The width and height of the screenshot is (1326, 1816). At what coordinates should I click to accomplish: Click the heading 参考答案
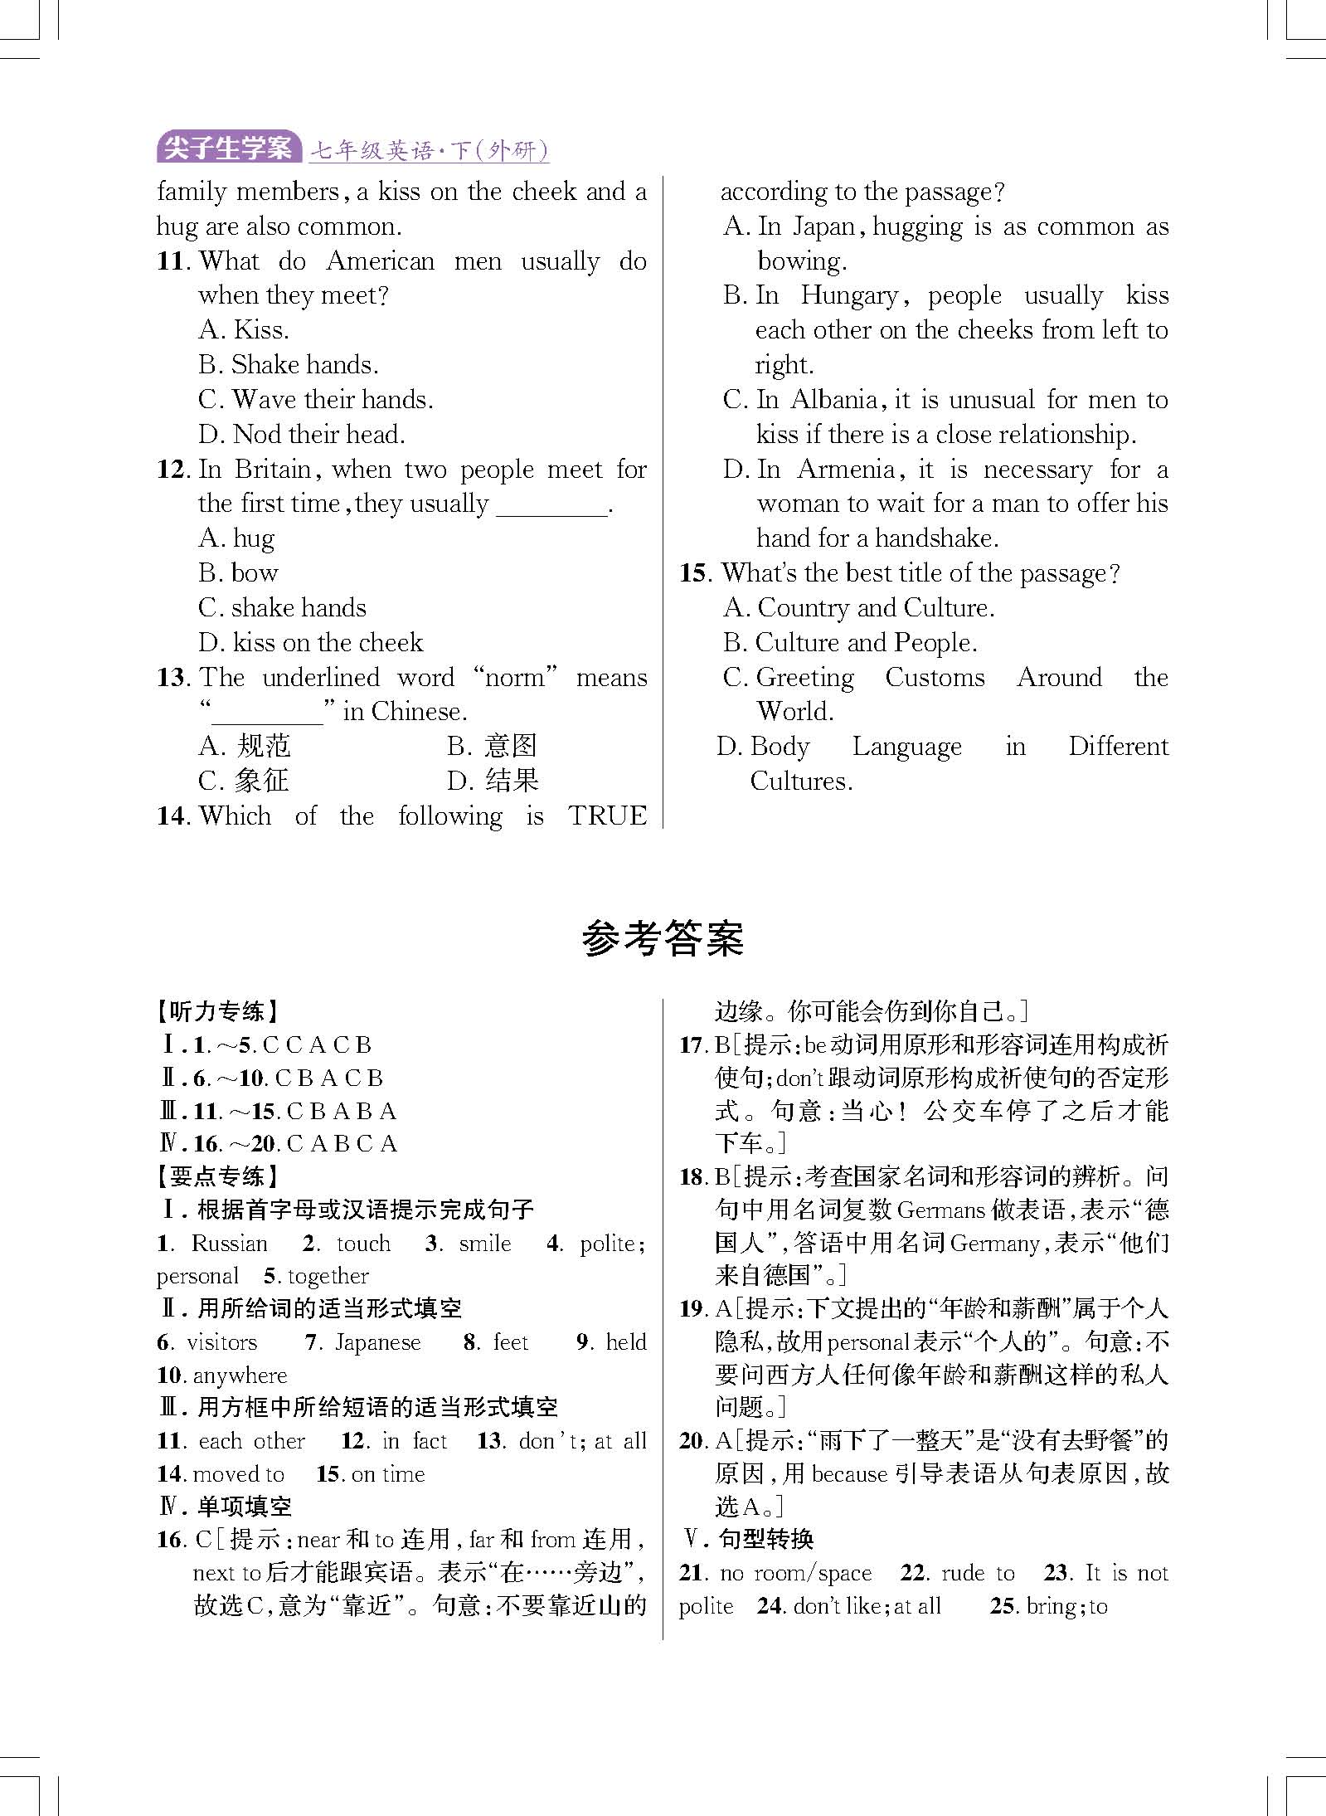[663, 939]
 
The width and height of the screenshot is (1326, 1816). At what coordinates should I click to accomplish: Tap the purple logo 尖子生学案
[228, 148]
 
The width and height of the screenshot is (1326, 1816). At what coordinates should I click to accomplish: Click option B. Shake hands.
[288, 365]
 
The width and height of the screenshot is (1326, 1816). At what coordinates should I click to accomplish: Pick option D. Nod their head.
[301, 434]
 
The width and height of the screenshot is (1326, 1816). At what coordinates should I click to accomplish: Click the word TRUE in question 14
[607, 815]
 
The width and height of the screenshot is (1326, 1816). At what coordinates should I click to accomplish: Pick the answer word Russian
[229, 1243]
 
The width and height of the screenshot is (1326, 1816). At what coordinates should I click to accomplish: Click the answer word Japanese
[377, 1341]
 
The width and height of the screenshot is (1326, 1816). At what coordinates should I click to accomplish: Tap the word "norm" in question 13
[515, 677]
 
